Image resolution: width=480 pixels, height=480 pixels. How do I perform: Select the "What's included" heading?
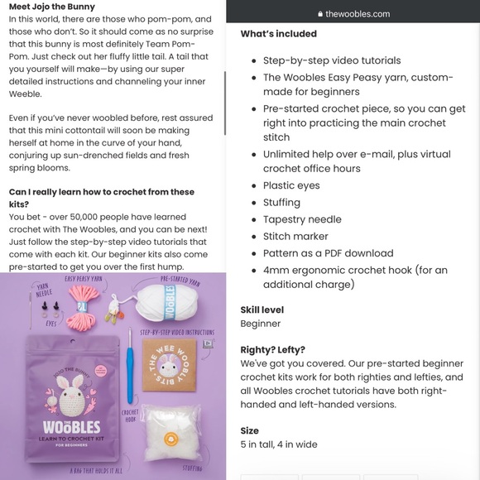pos(278,34)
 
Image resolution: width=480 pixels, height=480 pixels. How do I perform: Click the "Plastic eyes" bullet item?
pos(291,185)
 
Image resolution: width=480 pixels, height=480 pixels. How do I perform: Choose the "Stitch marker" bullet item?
pos(295,236)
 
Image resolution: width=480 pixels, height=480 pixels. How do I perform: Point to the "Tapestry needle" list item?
pos(302,219)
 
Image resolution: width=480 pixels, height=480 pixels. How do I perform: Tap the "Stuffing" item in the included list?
pos(281,202)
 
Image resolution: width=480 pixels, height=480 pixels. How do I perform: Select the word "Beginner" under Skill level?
pos(260,323)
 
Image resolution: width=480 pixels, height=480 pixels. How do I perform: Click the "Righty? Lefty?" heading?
pos(272,350)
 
